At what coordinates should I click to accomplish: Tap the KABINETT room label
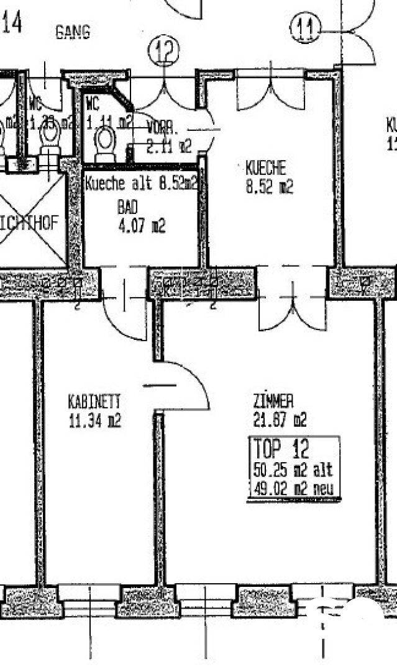point(94,401)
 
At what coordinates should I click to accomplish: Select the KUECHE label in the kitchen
point(265,167)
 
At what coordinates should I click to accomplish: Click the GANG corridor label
point(73,32)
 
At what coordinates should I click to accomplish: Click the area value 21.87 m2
point(280,421)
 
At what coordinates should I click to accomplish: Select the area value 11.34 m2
point(94,421)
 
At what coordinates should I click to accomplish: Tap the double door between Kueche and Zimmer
point(292,304)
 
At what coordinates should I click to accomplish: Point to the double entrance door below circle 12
point(163,93)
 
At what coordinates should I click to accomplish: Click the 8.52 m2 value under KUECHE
point(269,187)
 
